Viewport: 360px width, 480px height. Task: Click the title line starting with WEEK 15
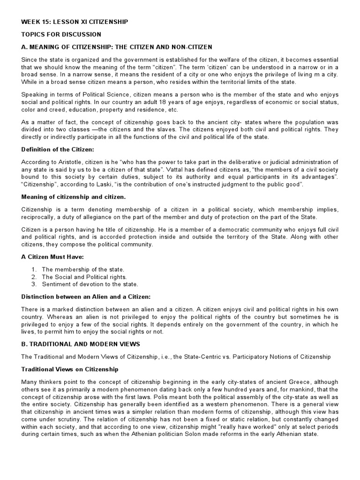point(75,22)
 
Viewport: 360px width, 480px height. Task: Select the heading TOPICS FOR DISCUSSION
point(61,34)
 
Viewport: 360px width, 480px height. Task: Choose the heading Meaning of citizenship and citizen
point(74,197)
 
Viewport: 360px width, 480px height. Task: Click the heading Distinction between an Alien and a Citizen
point(84,297)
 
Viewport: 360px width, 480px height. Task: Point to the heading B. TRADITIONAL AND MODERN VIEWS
point(81,344)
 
